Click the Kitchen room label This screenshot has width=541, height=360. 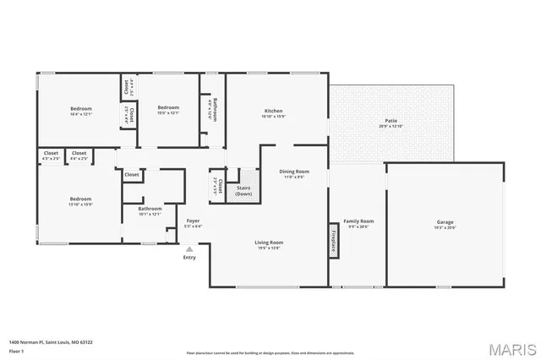(x=274, y=112)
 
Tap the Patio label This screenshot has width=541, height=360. (x=391, y=123)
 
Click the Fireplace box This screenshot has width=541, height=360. (x=334, y=239)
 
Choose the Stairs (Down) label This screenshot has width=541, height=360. (x=243, y=191)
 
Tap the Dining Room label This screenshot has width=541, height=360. (x=295, y=173)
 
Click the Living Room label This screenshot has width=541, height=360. (x=268, y=244)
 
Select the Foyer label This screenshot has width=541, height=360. (x=193, y=222)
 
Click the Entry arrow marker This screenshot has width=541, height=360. (x=189, y=249)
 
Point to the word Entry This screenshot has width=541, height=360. (x=189, y=258)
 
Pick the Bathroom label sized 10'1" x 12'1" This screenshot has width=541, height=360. (x=150, y=210)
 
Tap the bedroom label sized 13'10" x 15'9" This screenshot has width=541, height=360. (x=81, y=200)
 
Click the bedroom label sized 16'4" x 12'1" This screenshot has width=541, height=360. (x=81, y=110)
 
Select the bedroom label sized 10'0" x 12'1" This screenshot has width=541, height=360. (x=168, y=109)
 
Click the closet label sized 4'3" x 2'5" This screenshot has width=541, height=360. (x=51, y=155)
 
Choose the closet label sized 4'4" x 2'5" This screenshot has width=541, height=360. (x=79, y=155)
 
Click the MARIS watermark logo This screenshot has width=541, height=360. (x=511, y=348)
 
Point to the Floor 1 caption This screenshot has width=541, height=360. (x=15, y=350)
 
